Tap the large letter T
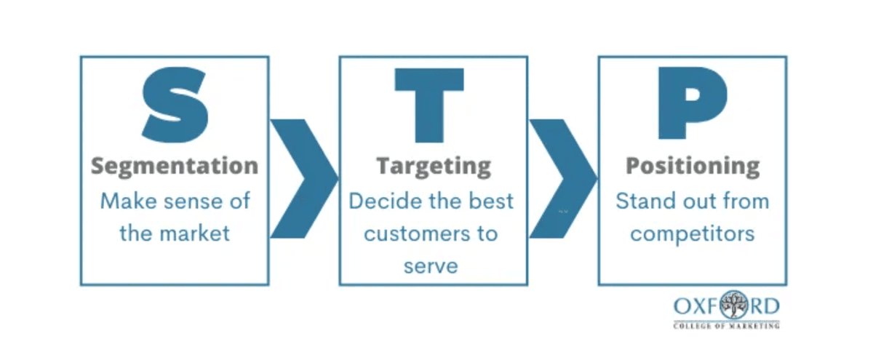click(x=429, y=105)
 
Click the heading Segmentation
click(x=175, y=165)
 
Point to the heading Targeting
click(x=433, y=166)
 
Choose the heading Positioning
click(x=693, y=166)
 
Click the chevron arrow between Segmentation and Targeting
click(x=302, y=178)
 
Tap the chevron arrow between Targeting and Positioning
click(x=561, y=178)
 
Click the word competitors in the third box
click(x=692, y=233)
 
